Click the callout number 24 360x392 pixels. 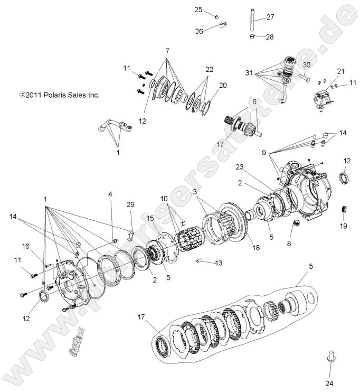pos(329,383)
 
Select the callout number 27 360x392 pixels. pos(270,17)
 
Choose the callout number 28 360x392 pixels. pos(270,37)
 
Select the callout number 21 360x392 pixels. pos(340,71)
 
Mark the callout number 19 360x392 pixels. pos(344,226)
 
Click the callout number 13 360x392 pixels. pos(219,263)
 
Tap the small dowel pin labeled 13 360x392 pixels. pos(201,260)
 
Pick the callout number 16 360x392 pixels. pos(25,246)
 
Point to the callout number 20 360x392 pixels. pos(223,85)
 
